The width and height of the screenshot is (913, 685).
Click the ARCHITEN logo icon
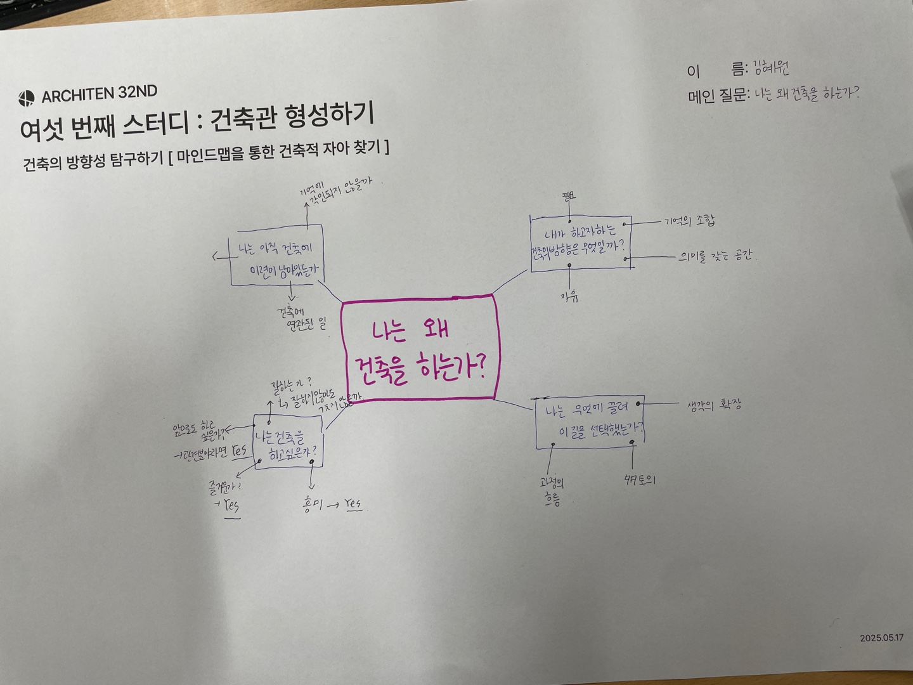click(x=27, y=98)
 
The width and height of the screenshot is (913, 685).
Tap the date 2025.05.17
click(x=881, y=637)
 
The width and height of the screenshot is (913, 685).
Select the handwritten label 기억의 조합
click(x=689, y=221)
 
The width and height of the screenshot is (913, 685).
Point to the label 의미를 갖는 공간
click(x=715, y=256)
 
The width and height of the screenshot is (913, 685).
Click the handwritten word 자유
click(x=569, y=296)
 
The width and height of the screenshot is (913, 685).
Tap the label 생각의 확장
click(x=714, y=405)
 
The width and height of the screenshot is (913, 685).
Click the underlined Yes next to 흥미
click(x=353, y=504)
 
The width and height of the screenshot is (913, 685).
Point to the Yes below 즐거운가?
click(x=231, y=506)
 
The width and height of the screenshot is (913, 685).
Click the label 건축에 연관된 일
click(x=301, y=318)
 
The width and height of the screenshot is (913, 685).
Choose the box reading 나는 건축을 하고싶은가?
click(x=287, y=442)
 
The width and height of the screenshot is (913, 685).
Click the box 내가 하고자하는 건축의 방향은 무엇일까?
click(x=581, y=243)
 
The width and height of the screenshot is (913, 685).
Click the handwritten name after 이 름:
click(x=771, y=68)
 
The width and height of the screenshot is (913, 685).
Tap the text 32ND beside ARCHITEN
click(x=138, y=92)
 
